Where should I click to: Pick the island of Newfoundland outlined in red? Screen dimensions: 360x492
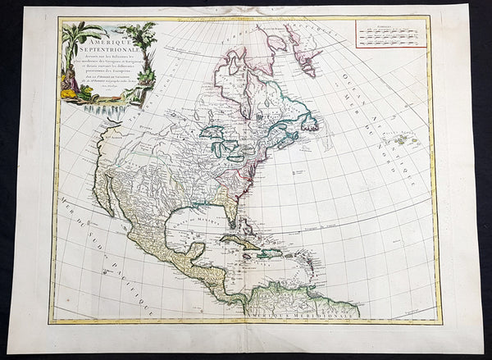[x=312, y=127]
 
